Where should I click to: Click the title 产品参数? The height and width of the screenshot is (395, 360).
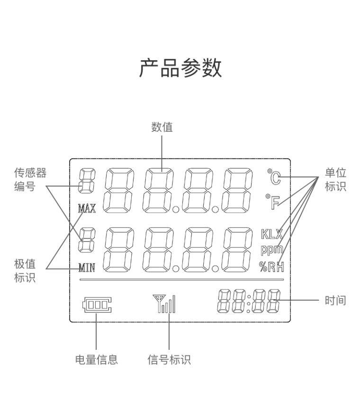point(180,69)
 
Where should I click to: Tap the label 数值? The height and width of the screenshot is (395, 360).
point(162,127)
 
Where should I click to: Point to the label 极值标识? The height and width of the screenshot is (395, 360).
point(25,271)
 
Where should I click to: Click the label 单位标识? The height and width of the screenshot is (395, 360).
point(335,180)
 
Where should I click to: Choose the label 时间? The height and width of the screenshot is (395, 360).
point(335,300)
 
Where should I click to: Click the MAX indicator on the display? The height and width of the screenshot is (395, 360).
point(87,208)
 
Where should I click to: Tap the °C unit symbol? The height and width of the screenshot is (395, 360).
point(274,178)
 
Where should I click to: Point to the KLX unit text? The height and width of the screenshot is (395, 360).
point(271,234)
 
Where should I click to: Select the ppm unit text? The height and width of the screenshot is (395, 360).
point(271,249)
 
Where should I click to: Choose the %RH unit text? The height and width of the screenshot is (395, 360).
point(271,266)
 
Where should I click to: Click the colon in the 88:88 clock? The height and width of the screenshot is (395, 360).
point(248,301)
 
